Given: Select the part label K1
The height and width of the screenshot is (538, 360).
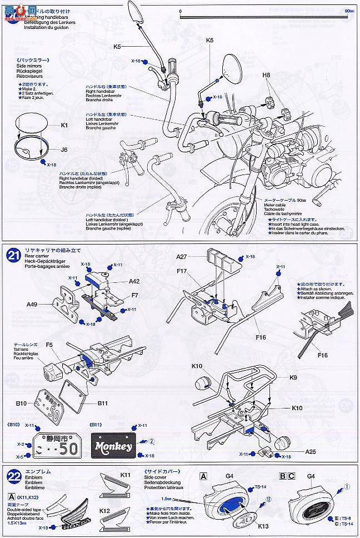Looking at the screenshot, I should [64, 125].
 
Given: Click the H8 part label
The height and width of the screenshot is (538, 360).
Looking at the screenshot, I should [266, 74].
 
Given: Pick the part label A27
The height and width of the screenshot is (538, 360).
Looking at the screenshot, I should [182, 257].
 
